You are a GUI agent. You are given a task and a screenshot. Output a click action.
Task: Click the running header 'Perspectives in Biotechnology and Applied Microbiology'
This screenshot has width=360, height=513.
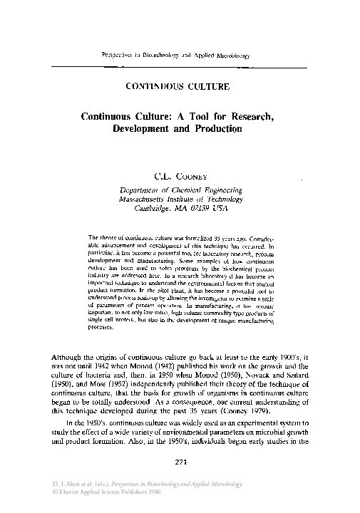[179, 54]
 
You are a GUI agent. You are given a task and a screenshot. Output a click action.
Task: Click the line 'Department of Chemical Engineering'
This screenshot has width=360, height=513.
[180, 190]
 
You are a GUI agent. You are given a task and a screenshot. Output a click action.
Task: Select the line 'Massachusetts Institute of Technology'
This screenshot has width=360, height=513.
[180, 201]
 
